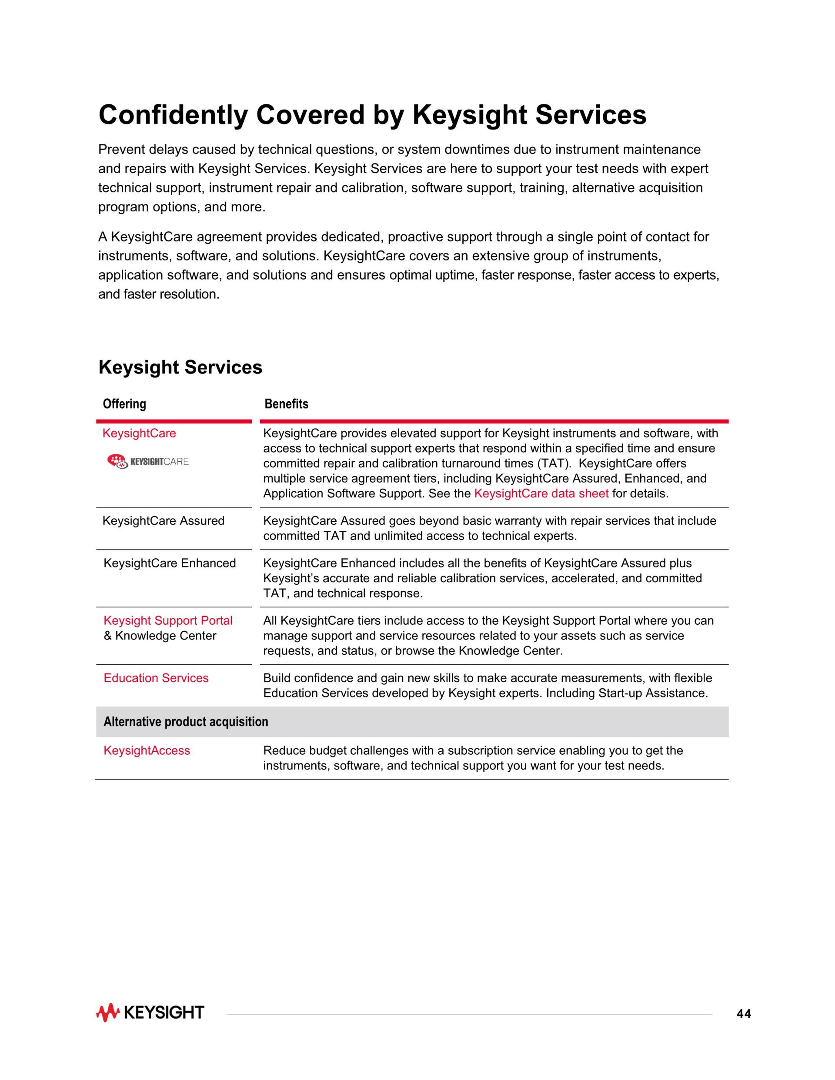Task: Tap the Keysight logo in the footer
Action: tap(150, 1013)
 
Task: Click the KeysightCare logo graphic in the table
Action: tap(148, 461)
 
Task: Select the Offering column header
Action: tap(124, 404)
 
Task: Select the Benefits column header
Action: tap(287, 404)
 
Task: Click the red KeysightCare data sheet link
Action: tap(541, 493)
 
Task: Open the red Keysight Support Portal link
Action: tap(168, 620)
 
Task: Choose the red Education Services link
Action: tap(156, 678)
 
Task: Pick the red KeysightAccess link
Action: tap(147, 751)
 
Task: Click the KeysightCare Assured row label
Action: tap(163, 521)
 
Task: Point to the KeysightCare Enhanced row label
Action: tap(169, 563)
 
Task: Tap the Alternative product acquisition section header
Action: tap(186, 722)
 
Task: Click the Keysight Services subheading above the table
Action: tap(180, 367)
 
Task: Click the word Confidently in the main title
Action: tap(173, 115)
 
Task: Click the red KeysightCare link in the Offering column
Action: tap(139, 433)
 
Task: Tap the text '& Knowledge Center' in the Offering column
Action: tap(160, 636)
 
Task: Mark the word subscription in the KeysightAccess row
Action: tap(476, 751)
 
